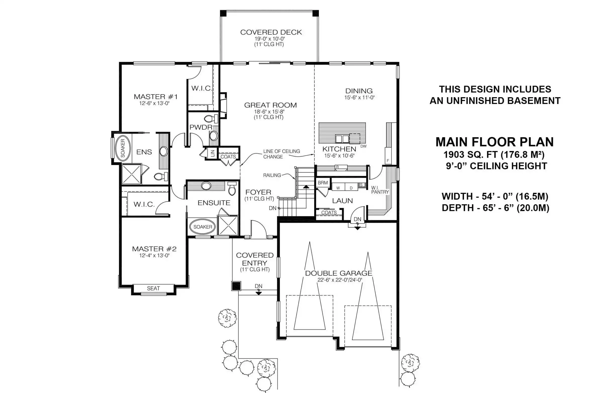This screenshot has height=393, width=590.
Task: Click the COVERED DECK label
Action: tap(271, 32)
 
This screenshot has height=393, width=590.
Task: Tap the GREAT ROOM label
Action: tap(270, 105)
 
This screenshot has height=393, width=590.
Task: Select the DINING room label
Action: tap(359, 91)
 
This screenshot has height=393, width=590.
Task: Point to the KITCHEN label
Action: tap(339, 149)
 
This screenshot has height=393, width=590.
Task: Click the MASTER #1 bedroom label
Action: tap(156, 97)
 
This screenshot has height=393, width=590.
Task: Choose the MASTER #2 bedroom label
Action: tap(154, 249)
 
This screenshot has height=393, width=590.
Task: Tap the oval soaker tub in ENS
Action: tap(123, 148)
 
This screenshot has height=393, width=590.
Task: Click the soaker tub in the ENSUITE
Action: tap(203, 227)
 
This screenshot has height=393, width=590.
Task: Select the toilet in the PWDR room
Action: tap(211, 118)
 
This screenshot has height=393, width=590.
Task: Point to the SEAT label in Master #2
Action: tap(153, 288)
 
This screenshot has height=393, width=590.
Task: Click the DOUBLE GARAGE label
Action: tap(338, 273)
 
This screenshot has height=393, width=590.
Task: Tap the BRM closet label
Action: tap(323, 183)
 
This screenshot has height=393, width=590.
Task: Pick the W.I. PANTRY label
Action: tap(380, 190)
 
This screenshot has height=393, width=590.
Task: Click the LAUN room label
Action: tap(342, 201)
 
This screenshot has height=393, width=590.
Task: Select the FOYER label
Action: tap(258, 192)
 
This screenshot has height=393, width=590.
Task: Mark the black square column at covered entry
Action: tap(236, 286)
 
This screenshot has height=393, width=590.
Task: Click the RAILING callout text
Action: tap(272, 175)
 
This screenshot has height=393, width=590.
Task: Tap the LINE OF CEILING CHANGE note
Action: tap(281, 154)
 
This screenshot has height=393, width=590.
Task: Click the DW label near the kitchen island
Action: tap(363, 146)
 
